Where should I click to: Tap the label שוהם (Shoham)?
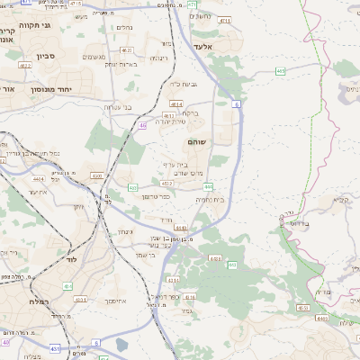(197, 143)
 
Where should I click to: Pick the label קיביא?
(341, 199)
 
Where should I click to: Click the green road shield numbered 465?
(281, 69)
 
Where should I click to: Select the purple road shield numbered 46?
(142, 125)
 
